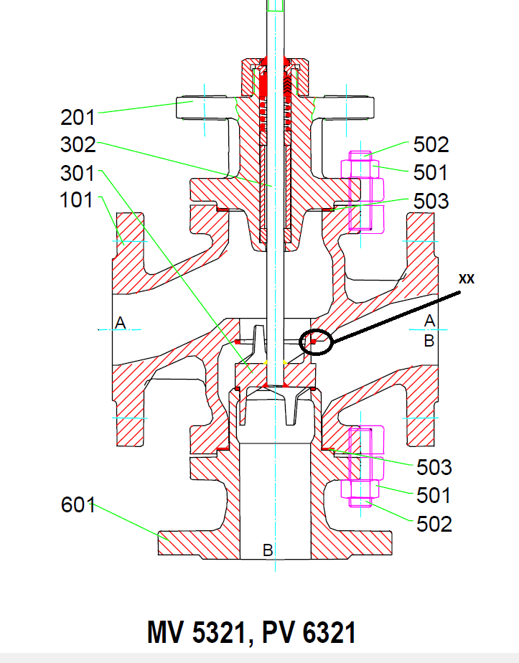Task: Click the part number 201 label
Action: coord(78,116)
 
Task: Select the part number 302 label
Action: coord(78,144)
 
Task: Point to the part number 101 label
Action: coord(77,199)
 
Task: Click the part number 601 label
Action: coord(78,505)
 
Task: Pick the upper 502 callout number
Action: coord(431,145)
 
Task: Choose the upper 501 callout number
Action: coord(431,173)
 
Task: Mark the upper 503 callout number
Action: coord(431,201)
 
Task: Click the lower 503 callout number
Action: coord(434,468)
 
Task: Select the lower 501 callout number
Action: coord(434,496)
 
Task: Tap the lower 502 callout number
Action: coord(434,524)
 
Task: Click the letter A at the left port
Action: coord(121,324)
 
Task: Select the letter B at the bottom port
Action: coord(267,550)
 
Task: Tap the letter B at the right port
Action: coord(429,341)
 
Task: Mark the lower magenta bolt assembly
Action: coord(363,466)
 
